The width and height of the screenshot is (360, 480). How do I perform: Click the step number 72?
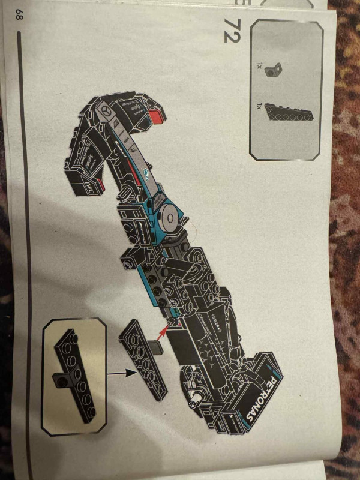232,29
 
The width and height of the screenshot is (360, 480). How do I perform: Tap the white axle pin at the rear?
195,396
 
